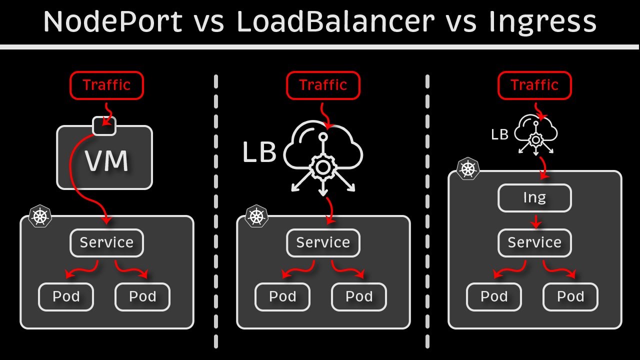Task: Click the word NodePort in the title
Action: pyautogui.click(x=112, y=22)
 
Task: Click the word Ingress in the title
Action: pyautogui.click(x=542, y=22)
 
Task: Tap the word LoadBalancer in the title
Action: pyautogui.click(x=335, y=22)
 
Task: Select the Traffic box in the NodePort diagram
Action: pyautogui.click(x=106, y=85)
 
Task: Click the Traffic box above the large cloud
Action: pyautogui.click(x=323, y=85)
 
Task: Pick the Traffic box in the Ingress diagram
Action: pyautogui.click(x=534, y=85)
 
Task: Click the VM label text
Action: pyautogui.click(x=106, y=161)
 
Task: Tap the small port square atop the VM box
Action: pyautogui.click(x=104, y=126)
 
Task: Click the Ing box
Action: pyautogui.click(x=534, y=198)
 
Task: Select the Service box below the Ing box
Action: pyautogui.click(x=534, y=243)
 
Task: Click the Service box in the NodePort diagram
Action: pyautogui.click(x=106, y=243)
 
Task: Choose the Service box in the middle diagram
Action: pyautogui.click(x=323, y=243)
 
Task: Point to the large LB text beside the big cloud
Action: pyautogui.click(x=259, y=152)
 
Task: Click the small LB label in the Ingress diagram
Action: pyautogui.click(x=499, y=134)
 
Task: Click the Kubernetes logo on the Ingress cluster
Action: pyautogui.click(x=468, y=169)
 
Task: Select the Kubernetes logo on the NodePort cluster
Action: pyautogui.click(x=40, y=216)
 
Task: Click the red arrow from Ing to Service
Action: pyautogui.click(x=535, y=221)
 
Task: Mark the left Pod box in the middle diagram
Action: pyautogui.click(x=282, y=296)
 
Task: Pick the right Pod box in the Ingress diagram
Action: pyautogui.click(x=570, y=296)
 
